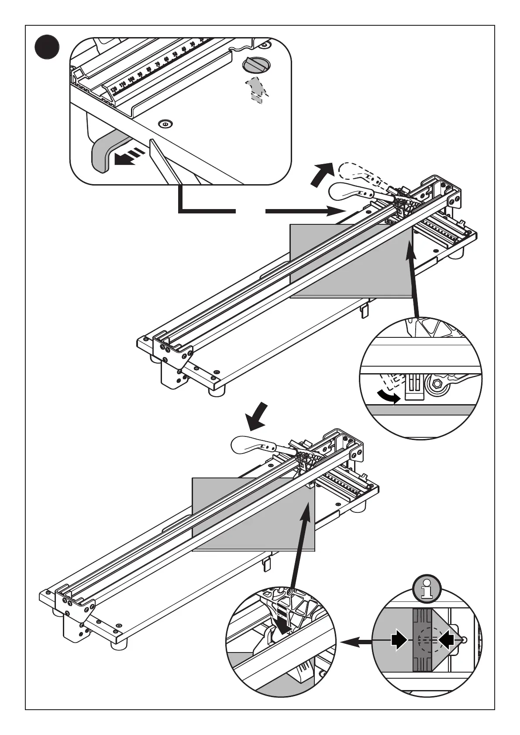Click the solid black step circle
tap(47, 47)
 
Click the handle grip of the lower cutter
tap(247, 446)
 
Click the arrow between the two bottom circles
tap(356, 642)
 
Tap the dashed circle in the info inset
tap(426, 639)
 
